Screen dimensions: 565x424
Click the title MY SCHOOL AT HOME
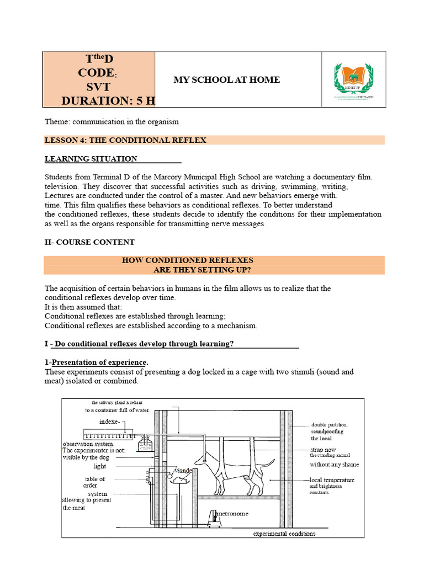click(226, 80)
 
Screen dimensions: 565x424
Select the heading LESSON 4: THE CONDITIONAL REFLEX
click(125, 140)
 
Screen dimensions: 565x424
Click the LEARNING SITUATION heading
click(91, 159)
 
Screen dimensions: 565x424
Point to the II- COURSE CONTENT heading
click(89, 242)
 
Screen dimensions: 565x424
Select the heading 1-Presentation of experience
click(97, 363)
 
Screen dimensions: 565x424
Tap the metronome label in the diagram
click(232, 514)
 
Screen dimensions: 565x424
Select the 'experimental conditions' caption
click(284, 534)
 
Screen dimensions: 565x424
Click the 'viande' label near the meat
click(183, 470)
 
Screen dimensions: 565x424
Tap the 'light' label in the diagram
click(99, 466)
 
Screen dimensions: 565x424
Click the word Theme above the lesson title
click(57, 121)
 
